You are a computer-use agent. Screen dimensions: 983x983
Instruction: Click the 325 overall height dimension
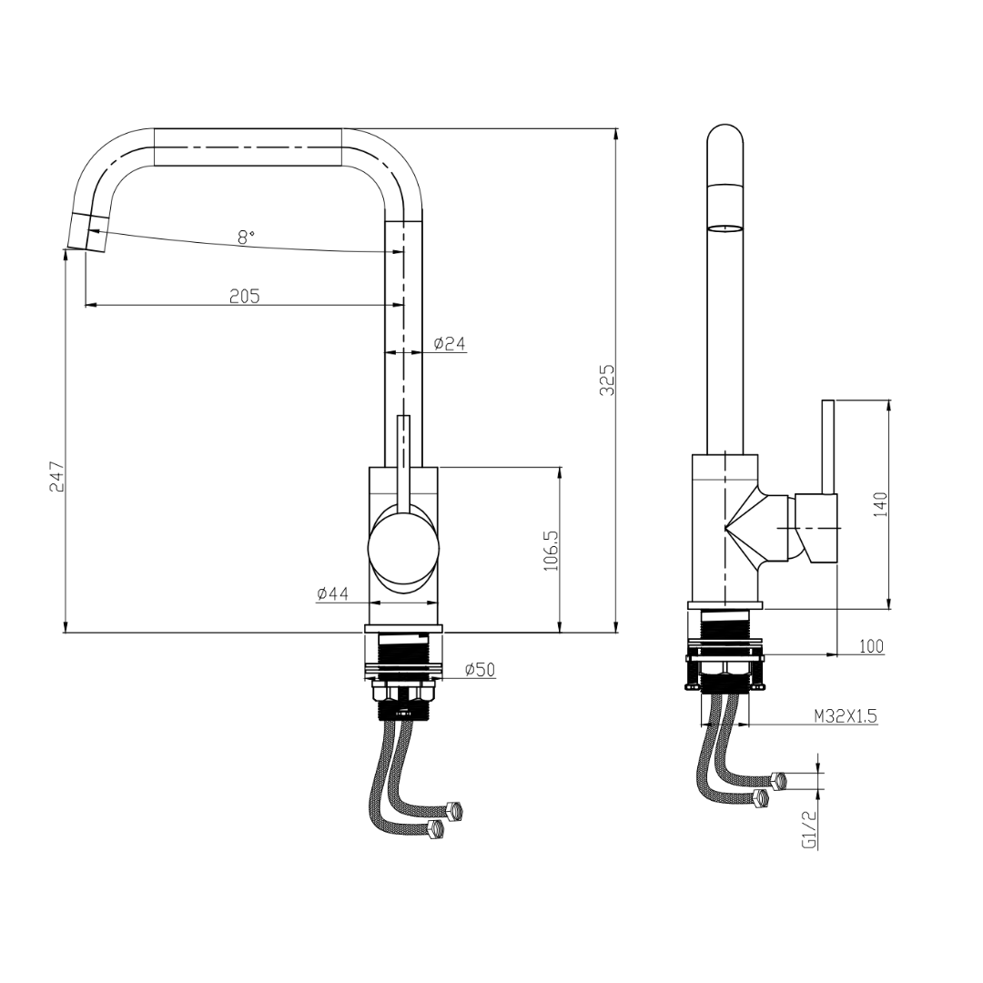(607, 380)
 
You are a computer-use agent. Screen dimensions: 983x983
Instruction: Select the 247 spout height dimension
(56, 476)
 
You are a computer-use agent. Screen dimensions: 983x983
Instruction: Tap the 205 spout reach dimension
(244, 295)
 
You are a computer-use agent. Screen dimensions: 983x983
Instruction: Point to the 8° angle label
(246, 237)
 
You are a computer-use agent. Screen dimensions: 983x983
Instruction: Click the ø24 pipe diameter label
(450, 343)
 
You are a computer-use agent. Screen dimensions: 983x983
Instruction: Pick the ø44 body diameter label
(333, 593)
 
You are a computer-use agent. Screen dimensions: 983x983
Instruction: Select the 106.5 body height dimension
(551, 550)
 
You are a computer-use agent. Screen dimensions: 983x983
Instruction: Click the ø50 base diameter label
(480, 670)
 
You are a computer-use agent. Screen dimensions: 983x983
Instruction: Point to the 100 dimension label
(871, 645)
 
